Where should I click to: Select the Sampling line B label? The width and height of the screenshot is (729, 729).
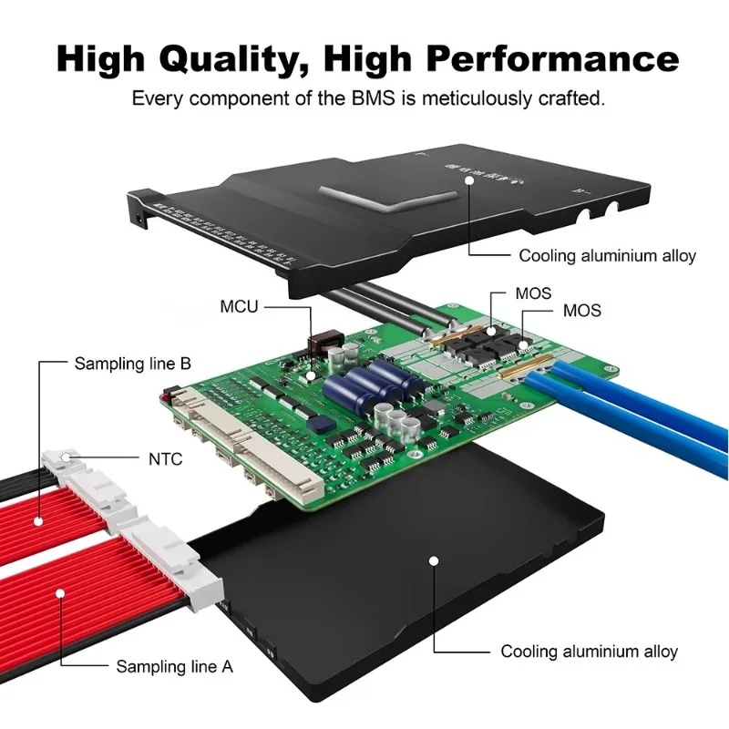[132, 364]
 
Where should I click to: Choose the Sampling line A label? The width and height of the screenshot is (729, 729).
[174, 666]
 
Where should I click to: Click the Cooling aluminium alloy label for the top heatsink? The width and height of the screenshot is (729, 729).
[607, 255]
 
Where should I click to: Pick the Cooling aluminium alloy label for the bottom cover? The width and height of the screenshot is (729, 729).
[589, 652]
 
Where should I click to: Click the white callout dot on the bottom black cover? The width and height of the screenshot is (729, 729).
[435, 561]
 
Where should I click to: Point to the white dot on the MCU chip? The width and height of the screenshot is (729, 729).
[310, 374]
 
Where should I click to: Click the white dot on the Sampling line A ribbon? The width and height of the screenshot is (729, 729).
[61, 593]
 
